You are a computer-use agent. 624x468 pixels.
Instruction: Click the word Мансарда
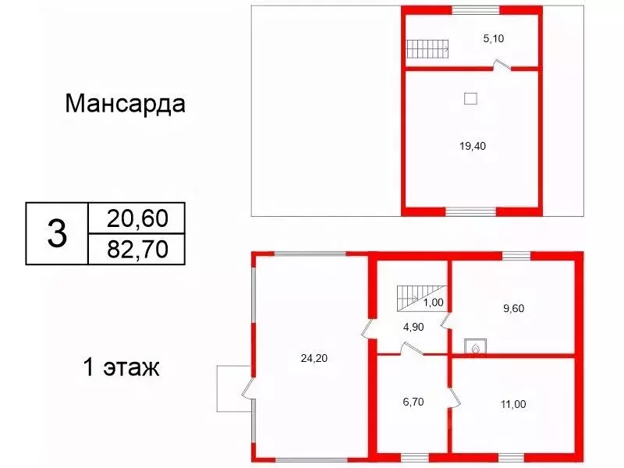coord(125,104)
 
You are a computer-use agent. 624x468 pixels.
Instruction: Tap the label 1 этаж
coord(122,367)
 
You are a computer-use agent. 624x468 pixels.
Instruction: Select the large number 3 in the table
coord(57,233)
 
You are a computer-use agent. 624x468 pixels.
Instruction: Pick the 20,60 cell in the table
coord(137,218)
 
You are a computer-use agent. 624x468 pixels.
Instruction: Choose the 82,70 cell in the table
coord(137,249)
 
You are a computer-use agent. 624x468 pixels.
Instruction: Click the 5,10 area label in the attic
coord(494,38)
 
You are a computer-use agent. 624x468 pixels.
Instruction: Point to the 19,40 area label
coord(473,146)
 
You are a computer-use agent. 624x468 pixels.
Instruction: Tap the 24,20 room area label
coord(314,358)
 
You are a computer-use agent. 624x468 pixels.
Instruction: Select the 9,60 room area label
coord(513,308)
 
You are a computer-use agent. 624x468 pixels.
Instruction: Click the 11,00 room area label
coord(513,404)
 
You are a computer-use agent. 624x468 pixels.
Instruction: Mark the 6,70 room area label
coord(413,402)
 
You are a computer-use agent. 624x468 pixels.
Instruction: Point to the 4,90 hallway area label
coord(413,327)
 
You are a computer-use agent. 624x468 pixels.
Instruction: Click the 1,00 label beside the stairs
coord(433,303)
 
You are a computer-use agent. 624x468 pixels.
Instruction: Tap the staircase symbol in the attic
coord(427,49)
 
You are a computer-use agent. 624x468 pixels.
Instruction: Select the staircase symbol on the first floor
coord(420,298)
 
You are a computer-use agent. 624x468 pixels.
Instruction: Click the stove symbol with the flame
coord(476,346)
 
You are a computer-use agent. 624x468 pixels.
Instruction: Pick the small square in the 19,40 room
coord(471,98)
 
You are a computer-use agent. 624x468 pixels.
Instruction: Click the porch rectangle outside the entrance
coord(233,388)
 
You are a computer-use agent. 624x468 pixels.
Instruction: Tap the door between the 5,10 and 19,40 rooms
coord(502,66)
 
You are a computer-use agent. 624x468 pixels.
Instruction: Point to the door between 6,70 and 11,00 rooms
coord(455,397)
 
